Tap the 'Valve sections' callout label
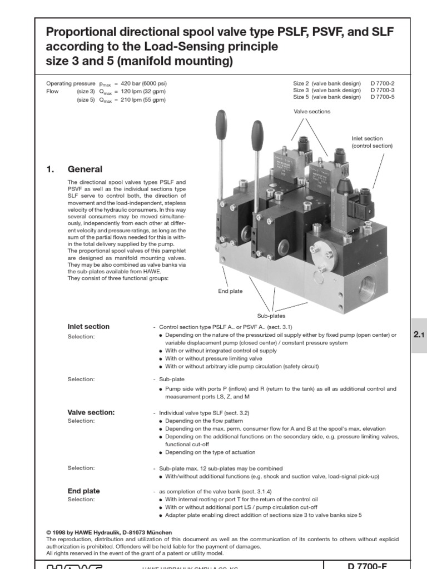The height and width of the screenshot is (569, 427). (312, 111)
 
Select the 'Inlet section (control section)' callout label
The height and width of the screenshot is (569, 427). (372, 142)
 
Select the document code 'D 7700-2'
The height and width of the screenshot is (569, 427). (382, 83)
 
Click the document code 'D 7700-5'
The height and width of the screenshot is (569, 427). (382, 97)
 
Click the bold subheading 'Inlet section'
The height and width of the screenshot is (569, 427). (88, 327)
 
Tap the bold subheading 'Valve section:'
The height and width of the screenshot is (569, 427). (91, 412)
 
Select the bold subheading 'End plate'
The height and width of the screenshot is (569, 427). (83, 491)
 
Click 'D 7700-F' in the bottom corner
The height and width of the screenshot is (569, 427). (366, 566)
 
